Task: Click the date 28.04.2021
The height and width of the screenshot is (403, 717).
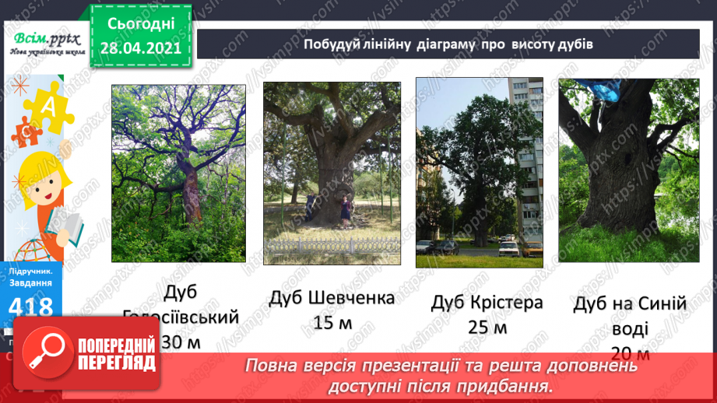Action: click(x=140, y=48)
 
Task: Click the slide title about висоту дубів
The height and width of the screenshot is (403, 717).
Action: click(x=448, y=44)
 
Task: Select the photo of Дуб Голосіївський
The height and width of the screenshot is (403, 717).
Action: click(x=178, y=172)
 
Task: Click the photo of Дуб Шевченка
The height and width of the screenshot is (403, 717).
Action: click(x=332, y=173)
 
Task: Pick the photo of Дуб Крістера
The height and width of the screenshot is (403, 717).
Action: click(x=479, y=172)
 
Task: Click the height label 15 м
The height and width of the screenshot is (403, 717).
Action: click(x=332, y=323)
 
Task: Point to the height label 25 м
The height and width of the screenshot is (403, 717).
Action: click(x=487, y=328)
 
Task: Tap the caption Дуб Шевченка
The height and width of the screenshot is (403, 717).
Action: click(x=332, y=298)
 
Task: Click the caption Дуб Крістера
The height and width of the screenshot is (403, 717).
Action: click(x=487, y=303)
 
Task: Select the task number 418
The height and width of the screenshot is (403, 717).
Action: click(x=32, y=307)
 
